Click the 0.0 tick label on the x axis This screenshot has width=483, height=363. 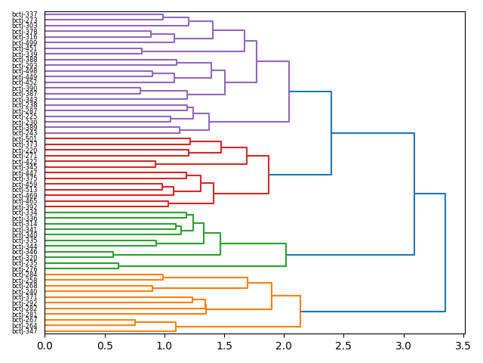[x=45, y=346]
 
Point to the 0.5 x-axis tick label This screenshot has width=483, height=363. [x=104, y=346]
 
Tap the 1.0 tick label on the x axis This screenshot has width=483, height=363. [x=165, y=346]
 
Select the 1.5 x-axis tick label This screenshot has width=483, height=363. [x=224, y=346]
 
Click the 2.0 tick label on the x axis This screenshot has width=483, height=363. [x=284, y=346]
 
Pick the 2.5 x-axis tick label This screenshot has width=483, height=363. [x=343, y=346]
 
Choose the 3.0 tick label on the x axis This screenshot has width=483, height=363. [x=403, y=346]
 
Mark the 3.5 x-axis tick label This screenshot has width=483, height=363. [x=463, y=346]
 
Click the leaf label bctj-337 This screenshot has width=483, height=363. [x=25, y=14]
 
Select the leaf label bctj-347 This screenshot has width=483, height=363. [x=25, y=331]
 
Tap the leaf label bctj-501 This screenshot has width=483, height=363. [x=25, y=139]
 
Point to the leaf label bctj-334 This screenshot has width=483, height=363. [x=25, y=213]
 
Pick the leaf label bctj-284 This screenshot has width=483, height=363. [x=25, y=275]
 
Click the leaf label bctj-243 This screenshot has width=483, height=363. [x=25, y=133]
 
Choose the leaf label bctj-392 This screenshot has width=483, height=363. [x=25, y=206]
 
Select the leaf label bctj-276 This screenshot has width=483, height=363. [x=25, y=268]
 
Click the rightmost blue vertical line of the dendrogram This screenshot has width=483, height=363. [x=445, y=253]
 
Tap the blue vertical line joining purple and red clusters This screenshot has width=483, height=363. [x=331, y=133]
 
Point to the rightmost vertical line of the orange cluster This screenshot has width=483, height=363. [x=300, y=312]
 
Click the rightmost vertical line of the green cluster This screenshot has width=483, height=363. [x=286, y=255]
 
